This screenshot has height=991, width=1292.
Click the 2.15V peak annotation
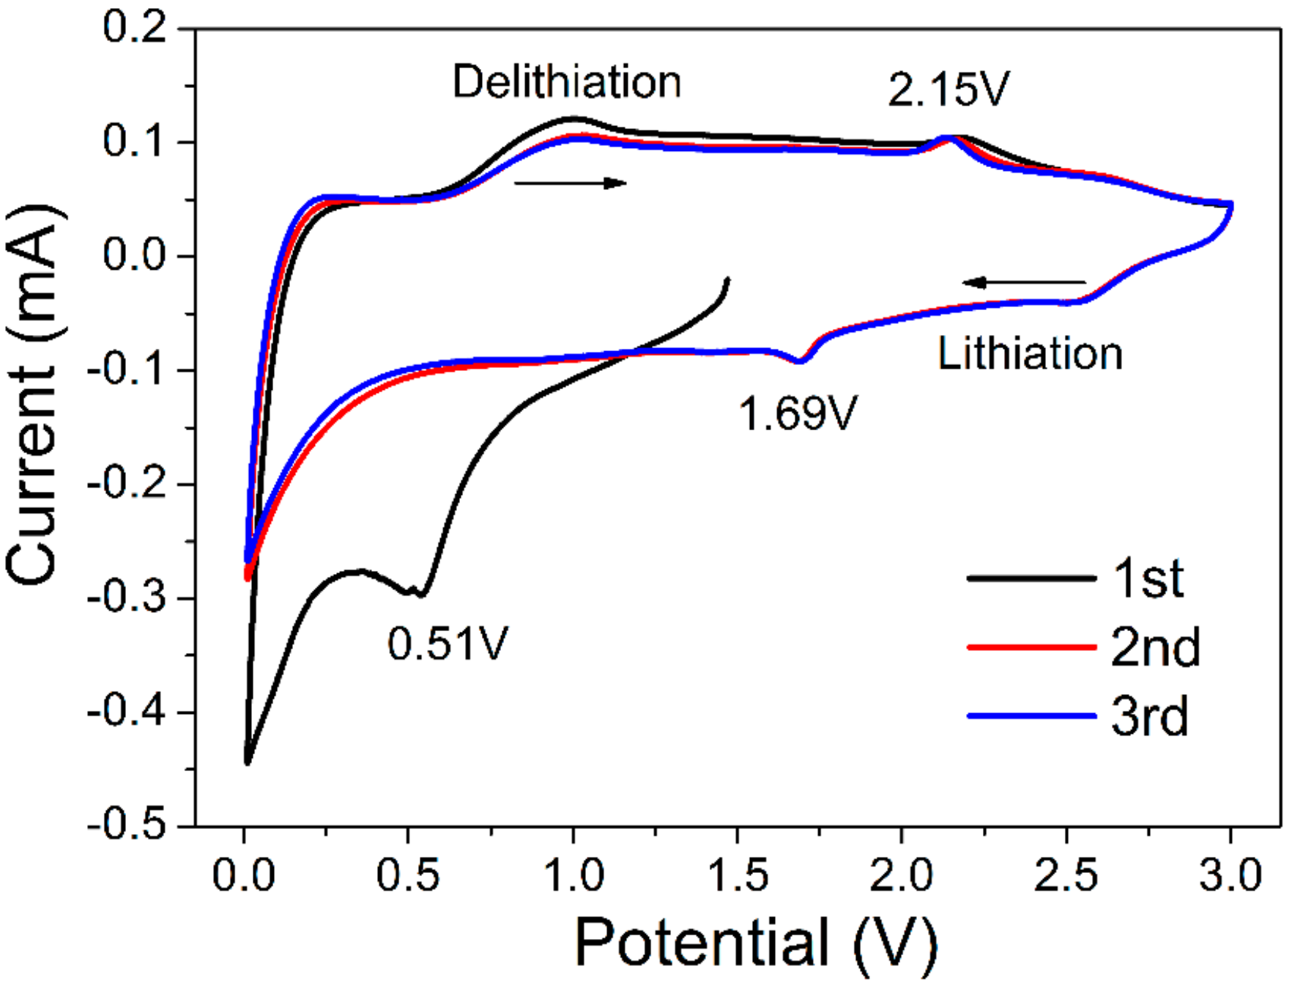tap(948, 90)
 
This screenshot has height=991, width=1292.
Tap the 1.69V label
tap(797, 413)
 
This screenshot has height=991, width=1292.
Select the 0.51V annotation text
tap(448, 644)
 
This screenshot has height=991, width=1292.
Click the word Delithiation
tap(567, 81)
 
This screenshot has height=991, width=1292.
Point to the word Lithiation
tap(1030, 354)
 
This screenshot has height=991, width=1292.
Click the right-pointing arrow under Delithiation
tap(571, 183)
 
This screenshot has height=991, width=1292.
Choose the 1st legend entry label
tap(1148, 579)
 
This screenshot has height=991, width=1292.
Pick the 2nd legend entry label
tap(1155, 647)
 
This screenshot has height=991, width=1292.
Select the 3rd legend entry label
tap(1149, 716)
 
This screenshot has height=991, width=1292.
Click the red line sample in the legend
tap(1031, 647)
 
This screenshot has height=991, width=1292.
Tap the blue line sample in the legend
tap(1031, 715)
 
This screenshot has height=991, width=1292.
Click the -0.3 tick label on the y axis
tap(127, 598)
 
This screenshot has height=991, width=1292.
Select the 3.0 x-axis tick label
tap(1230, 875)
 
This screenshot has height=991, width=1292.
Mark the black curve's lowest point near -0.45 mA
tap(248, 762)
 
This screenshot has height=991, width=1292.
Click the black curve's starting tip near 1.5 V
tap(727, 279)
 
